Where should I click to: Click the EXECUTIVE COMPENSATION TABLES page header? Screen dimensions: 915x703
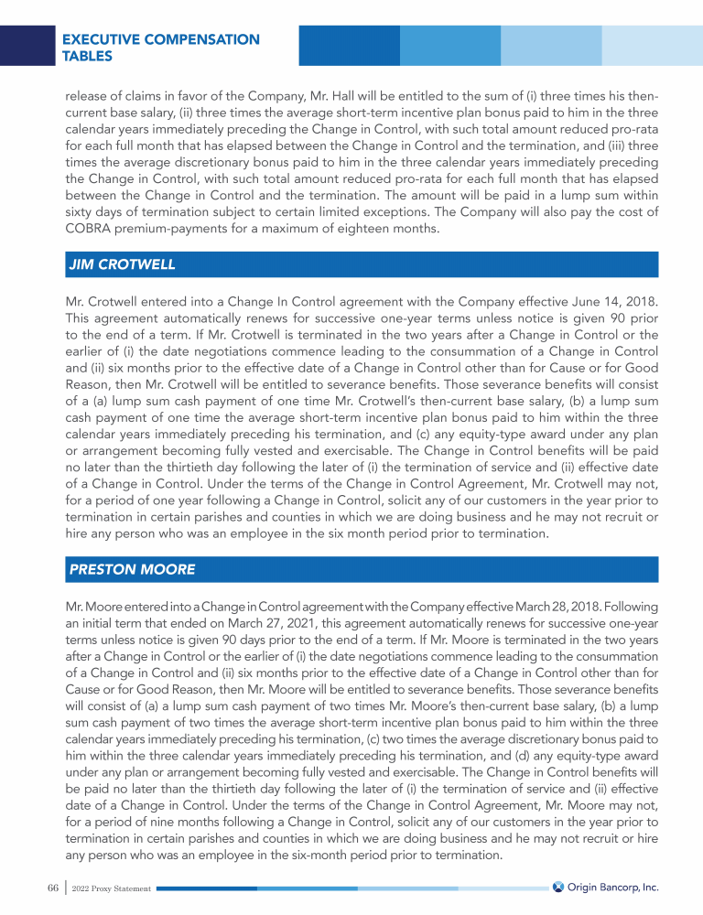160,48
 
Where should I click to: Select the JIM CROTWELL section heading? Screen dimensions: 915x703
123,264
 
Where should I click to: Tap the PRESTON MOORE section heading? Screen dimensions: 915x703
133,568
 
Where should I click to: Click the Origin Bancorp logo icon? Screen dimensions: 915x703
557,887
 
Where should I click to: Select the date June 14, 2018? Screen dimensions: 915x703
603,300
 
